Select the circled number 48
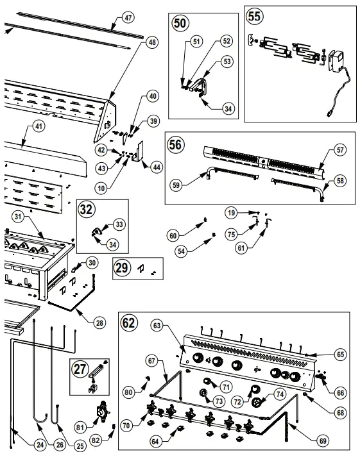(x=151, y=42)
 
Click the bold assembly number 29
(x=123, y=269)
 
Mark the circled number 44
(x=155, y=167)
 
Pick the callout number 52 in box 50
(x=226, y=40)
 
